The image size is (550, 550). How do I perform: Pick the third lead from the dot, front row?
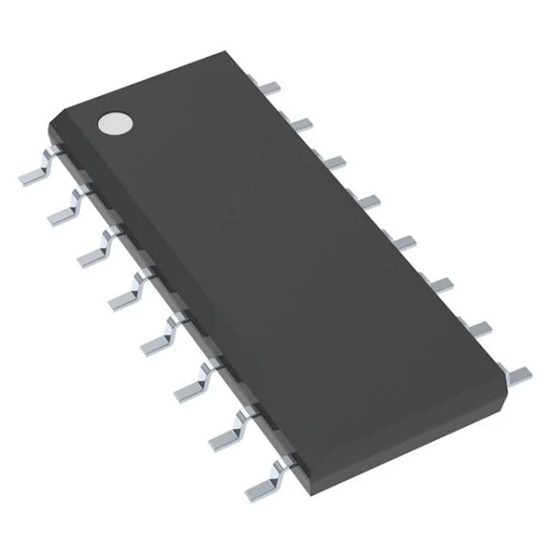pyautogui.click(x=95, y=247)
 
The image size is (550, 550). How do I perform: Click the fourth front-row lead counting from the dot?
pyautogui.click(x=126, y=287)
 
